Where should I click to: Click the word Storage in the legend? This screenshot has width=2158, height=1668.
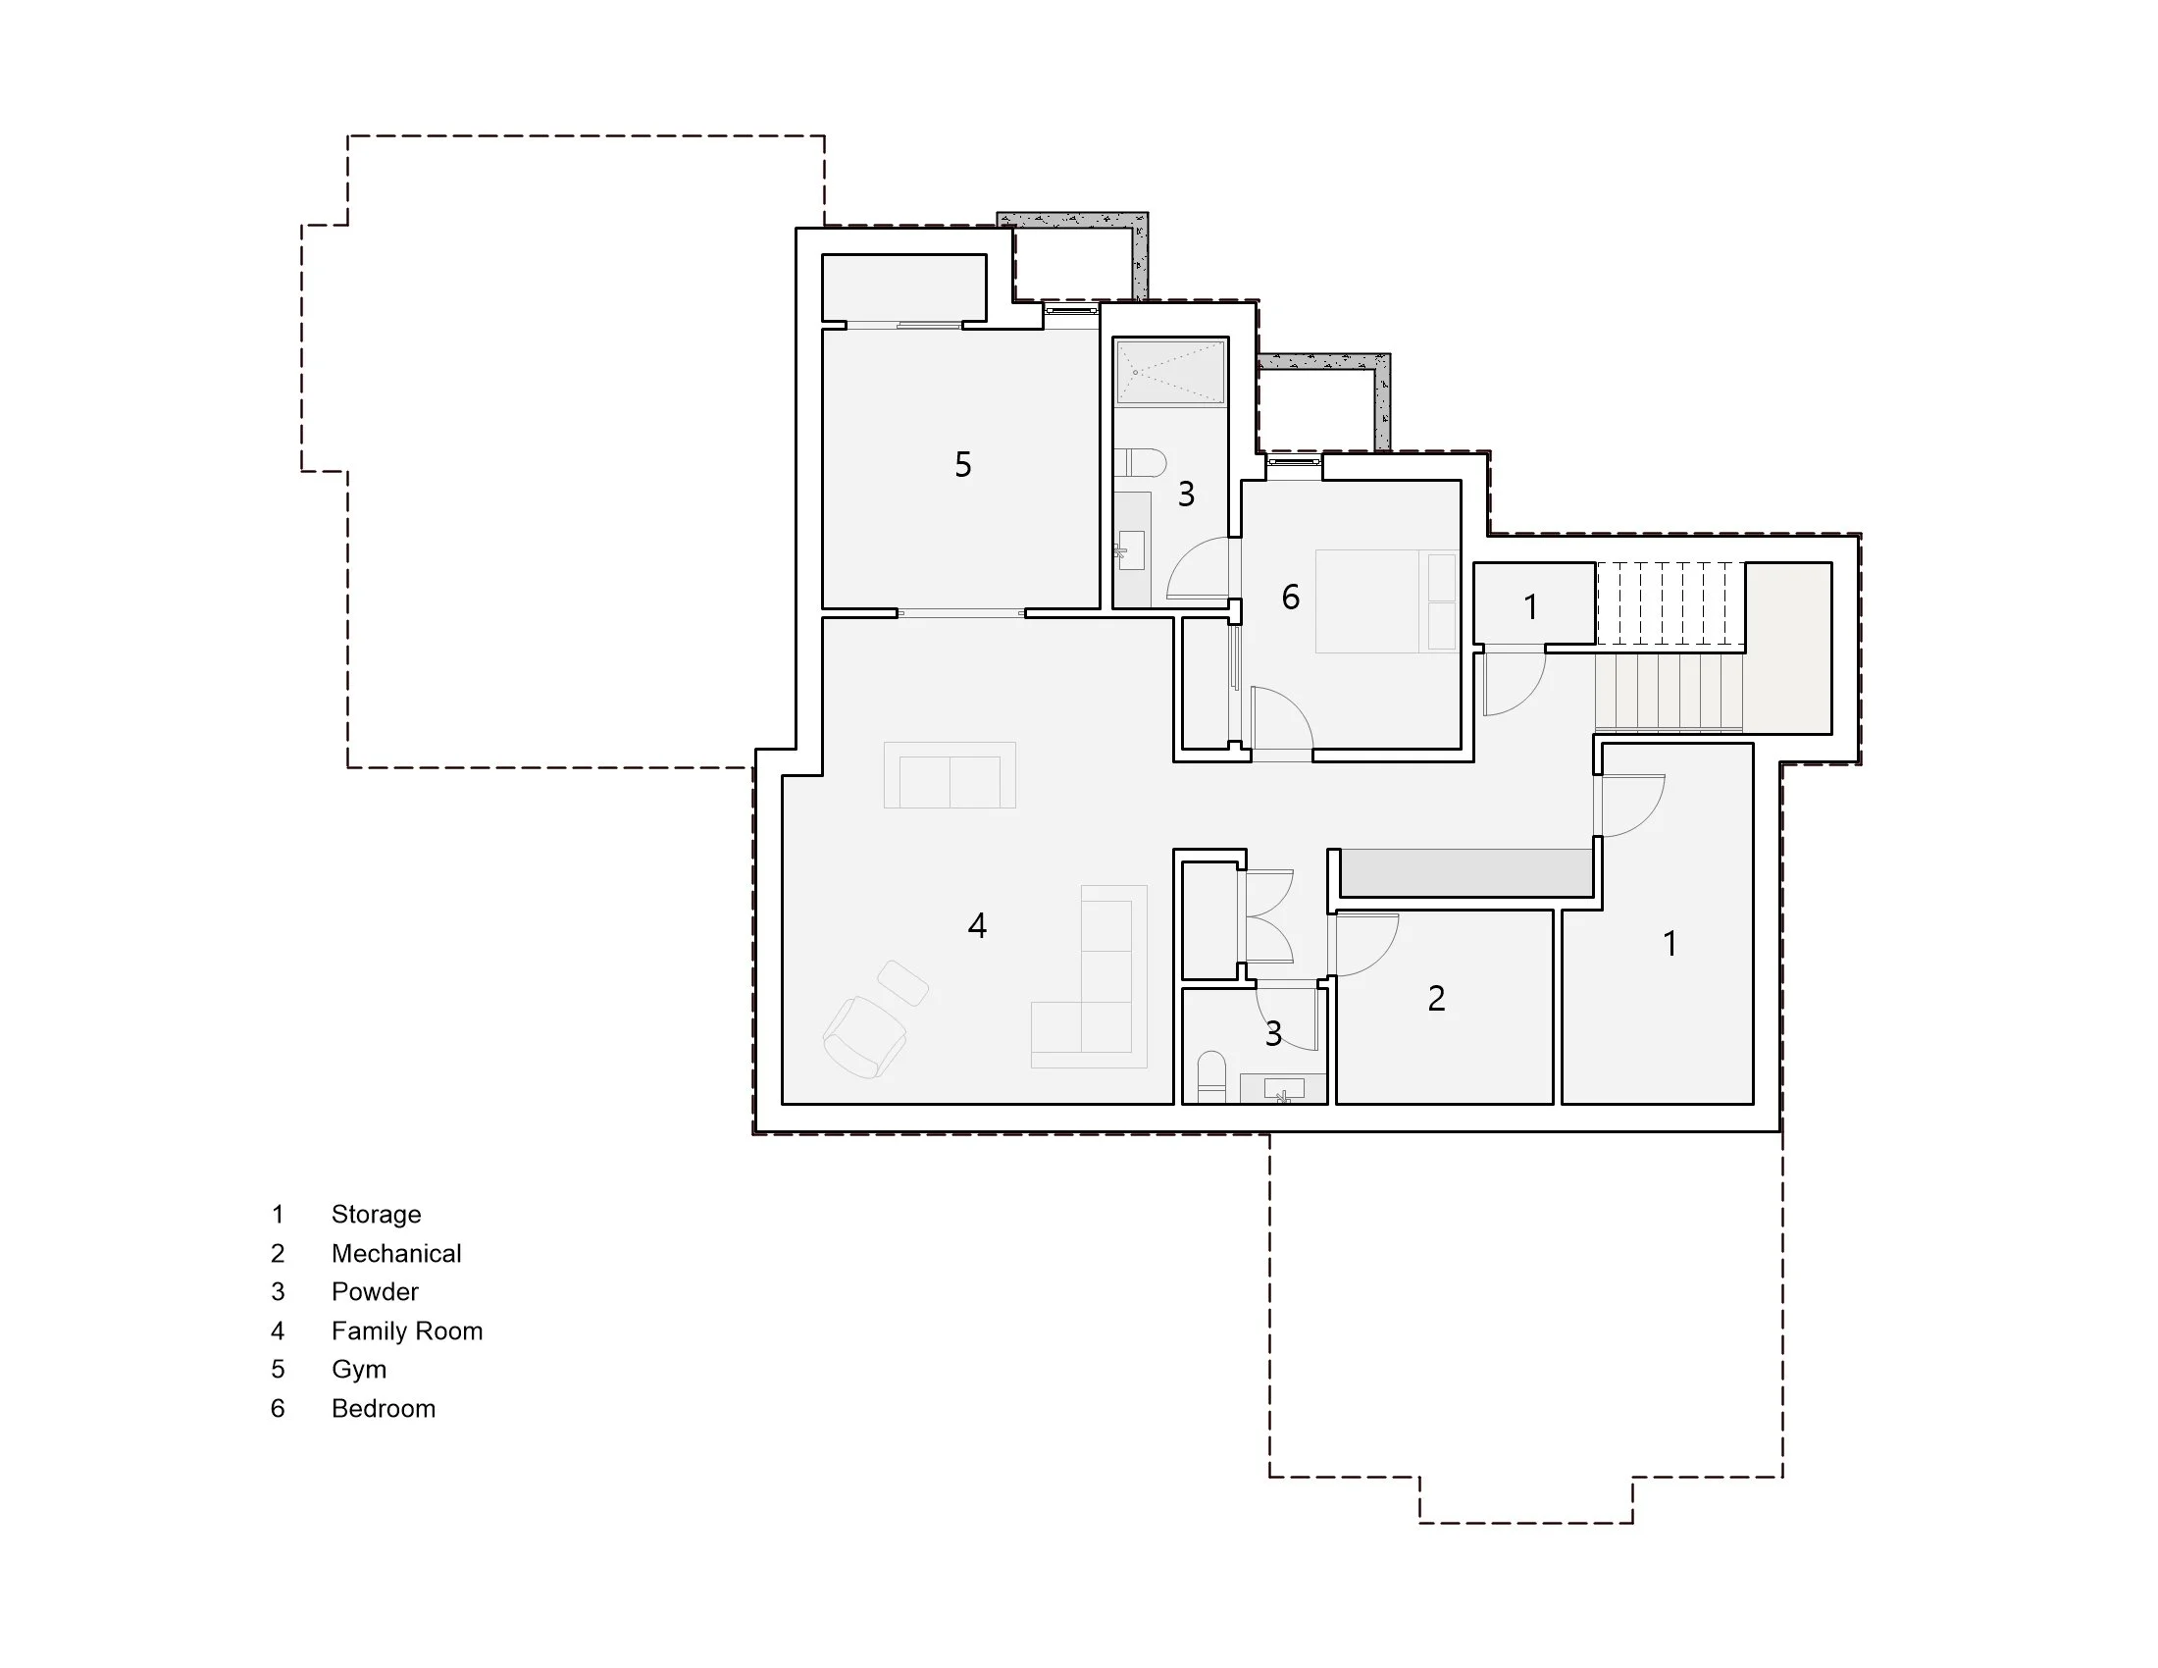pos(376,1215)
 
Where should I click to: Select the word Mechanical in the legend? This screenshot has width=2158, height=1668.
pos(396,1254)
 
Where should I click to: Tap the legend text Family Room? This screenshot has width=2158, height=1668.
pos(406,1331)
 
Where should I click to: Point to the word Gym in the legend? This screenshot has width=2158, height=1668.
pos(359,1370)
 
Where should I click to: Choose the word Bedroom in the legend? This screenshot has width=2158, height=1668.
pos(384,1409)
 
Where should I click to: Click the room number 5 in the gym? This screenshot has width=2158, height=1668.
pos(963,464)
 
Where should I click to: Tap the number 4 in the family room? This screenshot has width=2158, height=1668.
pos(977,926)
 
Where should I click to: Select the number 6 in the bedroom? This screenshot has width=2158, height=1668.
pos(1291,597)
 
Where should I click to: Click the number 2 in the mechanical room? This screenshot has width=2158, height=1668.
pos(1437,999)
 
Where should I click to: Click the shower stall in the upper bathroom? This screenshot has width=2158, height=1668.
pos(1171,373)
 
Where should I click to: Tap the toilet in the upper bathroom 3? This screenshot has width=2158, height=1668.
pos(1142,461)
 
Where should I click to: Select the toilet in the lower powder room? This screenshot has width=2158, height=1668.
pos(1211,1076)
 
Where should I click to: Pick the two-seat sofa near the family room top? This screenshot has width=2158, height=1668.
pos(950,776)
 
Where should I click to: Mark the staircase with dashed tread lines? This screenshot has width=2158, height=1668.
pos(1669,601)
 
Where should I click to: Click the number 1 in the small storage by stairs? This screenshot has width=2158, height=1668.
pos(1530,606)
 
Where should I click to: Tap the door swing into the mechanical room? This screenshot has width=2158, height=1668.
pos(1364,944)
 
